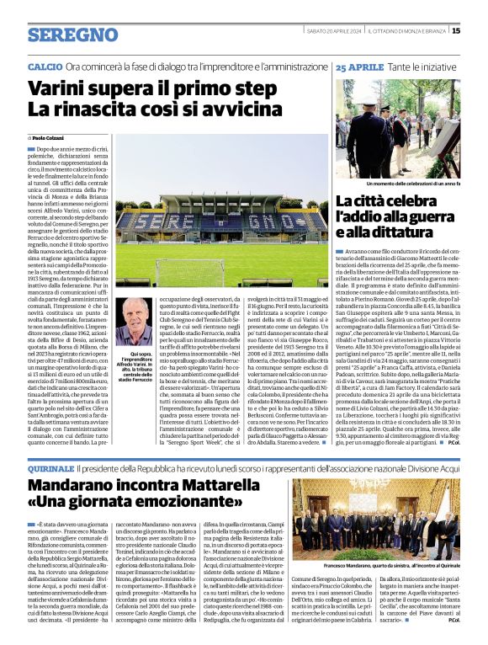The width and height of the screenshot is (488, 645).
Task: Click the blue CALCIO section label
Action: pos(45,66)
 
